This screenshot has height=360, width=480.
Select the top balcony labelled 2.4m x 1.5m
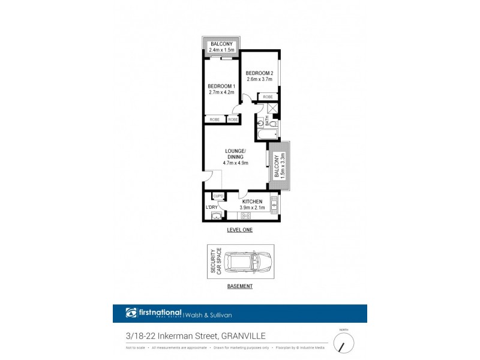point(221,47)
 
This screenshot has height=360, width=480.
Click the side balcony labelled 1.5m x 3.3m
point(279,166)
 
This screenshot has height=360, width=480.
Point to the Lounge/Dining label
point(236,152)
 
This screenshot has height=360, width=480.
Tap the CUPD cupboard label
point(218,196)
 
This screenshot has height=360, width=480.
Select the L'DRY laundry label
point(211,207)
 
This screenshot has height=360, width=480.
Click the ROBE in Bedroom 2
point(268,96)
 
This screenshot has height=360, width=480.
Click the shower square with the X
point(272,108)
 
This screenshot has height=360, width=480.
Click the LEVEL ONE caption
point(240,230)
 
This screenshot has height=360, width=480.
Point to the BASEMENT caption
point(240,286)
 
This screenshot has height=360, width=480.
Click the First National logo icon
point(131,313)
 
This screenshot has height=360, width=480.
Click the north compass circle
point(344,343)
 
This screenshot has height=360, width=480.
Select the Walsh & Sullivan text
point(209,313)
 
